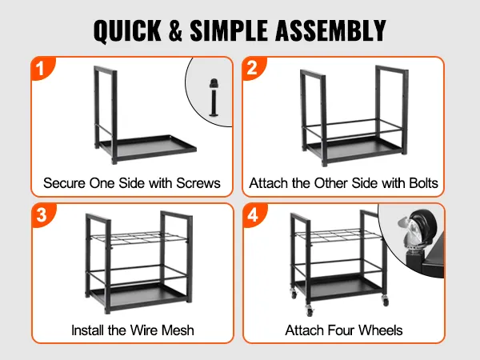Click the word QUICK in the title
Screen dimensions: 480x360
pos(127,30)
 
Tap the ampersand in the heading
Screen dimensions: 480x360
pos(175,30)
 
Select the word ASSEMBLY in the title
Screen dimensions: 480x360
pos(330,30)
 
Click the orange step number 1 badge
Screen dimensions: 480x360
pos(43,69)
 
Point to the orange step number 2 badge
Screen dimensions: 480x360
pos(254,69)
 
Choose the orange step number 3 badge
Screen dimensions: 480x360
pos(43,215)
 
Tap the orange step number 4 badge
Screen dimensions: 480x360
pos(254,215)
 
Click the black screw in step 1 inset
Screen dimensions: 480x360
pos(214,98)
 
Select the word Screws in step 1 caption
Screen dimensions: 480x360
pos(198,183)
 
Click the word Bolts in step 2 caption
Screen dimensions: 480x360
pos(424,183)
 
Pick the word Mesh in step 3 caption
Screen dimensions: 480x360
pos(178,330)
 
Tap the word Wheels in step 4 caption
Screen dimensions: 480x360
pos(380,330)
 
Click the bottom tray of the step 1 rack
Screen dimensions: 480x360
pos(148,147)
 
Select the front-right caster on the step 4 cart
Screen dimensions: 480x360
pos(386,301)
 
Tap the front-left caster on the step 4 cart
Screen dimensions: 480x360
pos(310,310)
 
